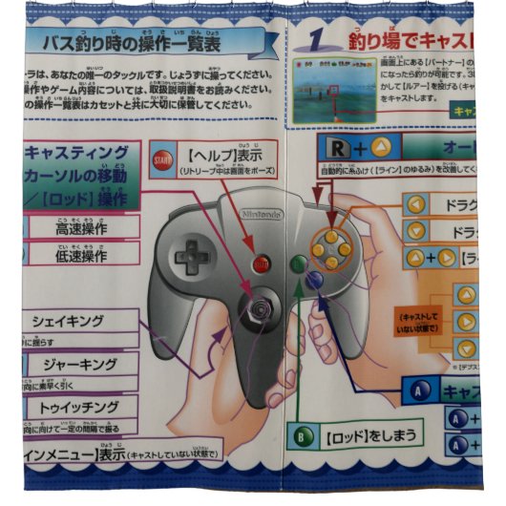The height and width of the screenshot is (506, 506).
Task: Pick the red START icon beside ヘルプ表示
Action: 159,160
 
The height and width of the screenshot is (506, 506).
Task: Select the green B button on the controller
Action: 298,262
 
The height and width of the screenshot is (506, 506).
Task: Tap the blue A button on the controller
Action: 313,280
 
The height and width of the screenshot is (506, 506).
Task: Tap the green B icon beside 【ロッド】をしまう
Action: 304,436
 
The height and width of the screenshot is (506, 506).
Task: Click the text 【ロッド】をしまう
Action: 369,436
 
